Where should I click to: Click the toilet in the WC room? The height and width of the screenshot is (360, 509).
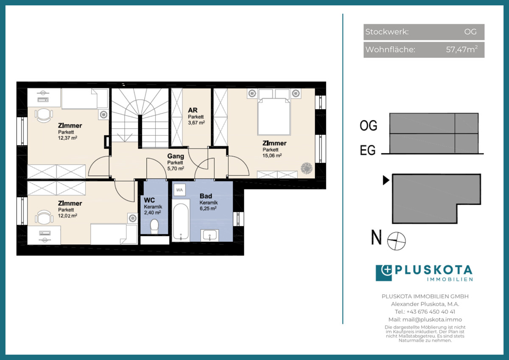[154, 226]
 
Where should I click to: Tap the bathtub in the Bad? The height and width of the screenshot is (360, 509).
[181, 221]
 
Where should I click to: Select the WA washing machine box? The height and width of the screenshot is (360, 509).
[179, 190]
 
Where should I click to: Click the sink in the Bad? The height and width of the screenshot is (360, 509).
[210, 235]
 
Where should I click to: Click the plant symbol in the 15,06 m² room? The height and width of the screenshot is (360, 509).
[307, 168]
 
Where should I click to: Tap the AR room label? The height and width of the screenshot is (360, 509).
[193, 110]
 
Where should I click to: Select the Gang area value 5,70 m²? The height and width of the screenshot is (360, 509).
[176, 169]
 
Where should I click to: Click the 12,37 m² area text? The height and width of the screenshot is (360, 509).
[67, 138]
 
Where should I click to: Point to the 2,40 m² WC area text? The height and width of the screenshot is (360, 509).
[152, 212]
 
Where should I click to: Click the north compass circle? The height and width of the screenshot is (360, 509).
[396, 241]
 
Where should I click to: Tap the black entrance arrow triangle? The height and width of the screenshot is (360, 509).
[386, 180]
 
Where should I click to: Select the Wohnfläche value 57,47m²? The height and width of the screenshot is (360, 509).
[461, 49]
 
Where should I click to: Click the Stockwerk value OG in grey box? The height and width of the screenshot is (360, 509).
[470, 32]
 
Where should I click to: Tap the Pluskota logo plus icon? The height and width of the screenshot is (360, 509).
[384, 273]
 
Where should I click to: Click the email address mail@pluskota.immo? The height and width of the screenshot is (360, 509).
[432, 320]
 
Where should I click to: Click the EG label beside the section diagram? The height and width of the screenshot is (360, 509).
[368, 150]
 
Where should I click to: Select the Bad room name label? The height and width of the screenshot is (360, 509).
[206, 196]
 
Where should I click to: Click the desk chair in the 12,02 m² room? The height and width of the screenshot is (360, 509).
[44, 217]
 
